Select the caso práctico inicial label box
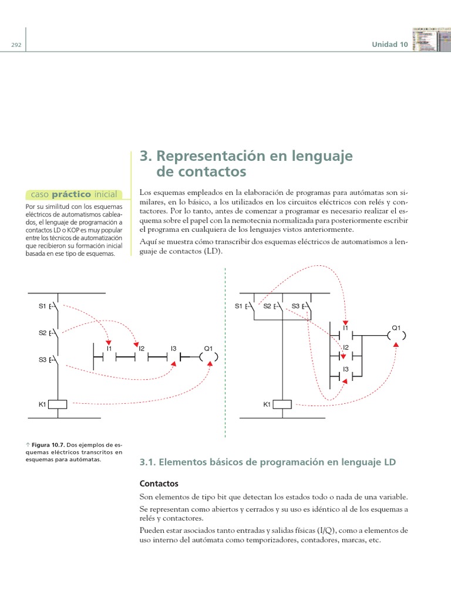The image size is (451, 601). tap(74, 194)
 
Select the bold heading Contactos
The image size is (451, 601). tap(159, 484)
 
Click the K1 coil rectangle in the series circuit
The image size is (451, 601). tap(58, 404)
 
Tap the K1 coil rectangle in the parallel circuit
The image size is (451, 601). tap(283, 404)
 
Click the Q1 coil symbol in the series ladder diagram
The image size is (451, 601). tap(208, 356)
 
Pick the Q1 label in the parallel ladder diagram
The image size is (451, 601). tap(396, 327)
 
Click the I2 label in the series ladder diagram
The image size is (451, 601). tap(142, 349)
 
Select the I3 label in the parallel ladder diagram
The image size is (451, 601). tap(346, 369)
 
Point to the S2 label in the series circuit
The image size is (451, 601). tap(42, 333)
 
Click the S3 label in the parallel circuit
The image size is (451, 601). tap(295, 306)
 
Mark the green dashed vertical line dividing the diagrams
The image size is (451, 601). tap(225, 352)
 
